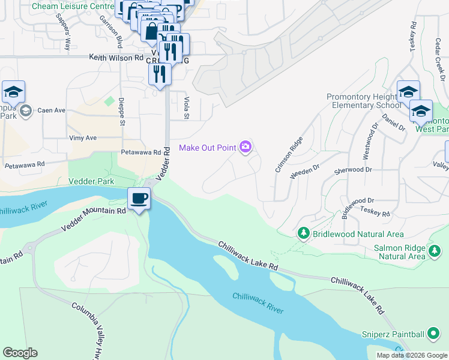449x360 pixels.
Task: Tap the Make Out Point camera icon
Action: coord(245,147)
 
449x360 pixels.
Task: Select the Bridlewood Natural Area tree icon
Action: coord(304,233)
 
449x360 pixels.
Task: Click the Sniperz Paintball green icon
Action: coord(434,333)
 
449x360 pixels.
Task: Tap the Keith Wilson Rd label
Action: coord(116,58)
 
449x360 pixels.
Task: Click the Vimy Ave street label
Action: coord(82,137)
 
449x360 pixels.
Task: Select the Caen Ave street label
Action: coord(52,110)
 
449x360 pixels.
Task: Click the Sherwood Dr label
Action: coord(353,170)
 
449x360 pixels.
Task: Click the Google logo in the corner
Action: coord(20,353)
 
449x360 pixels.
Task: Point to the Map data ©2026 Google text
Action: coord(411,355)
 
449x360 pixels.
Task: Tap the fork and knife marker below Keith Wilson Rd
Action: coord(159,74)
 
